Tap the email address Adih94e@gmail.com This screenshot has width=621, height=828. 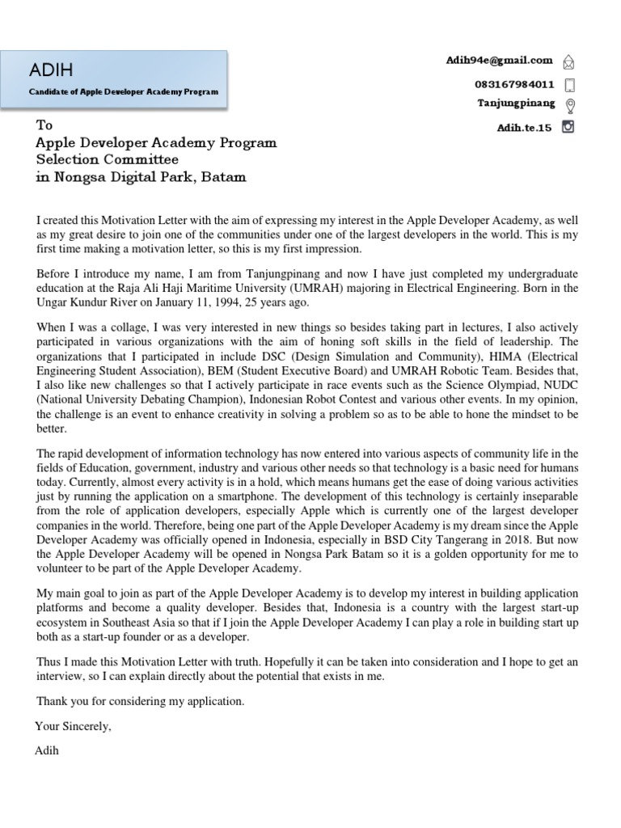coord(499,60)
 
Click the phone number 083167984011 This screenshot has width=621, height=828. coord(514,83)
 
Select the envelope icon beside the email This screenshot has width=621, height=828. coord(568,61)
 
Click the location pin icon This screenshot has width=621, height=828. coord(569,105)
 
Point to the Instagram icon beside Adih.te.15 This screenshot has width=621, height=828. coord(568,126)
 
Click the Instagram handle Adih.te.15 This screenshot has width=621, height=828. coord(525,127)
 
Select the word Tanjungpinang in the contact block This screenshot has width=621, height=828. coord(516,103)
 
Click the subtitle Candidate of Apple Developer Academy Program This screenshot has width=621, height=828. coord(124,92)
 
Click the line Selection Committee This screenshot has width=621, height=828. coord(107,159)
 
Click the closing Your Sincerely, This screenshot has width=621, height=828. coord(73,726)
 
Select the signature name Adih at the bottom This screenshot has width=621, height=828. coord(47,750)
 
